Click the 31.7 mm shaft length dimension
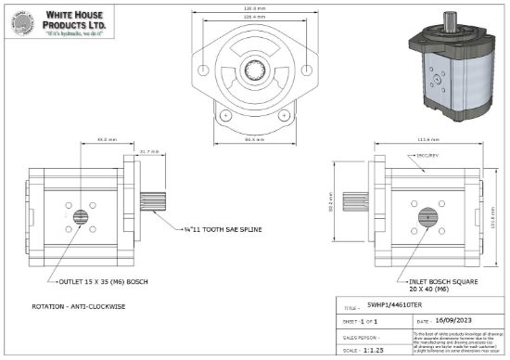pyautogui.click(x=149, y=151)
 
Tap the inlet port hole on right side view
pyautogui.click(x=428, y=219)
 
